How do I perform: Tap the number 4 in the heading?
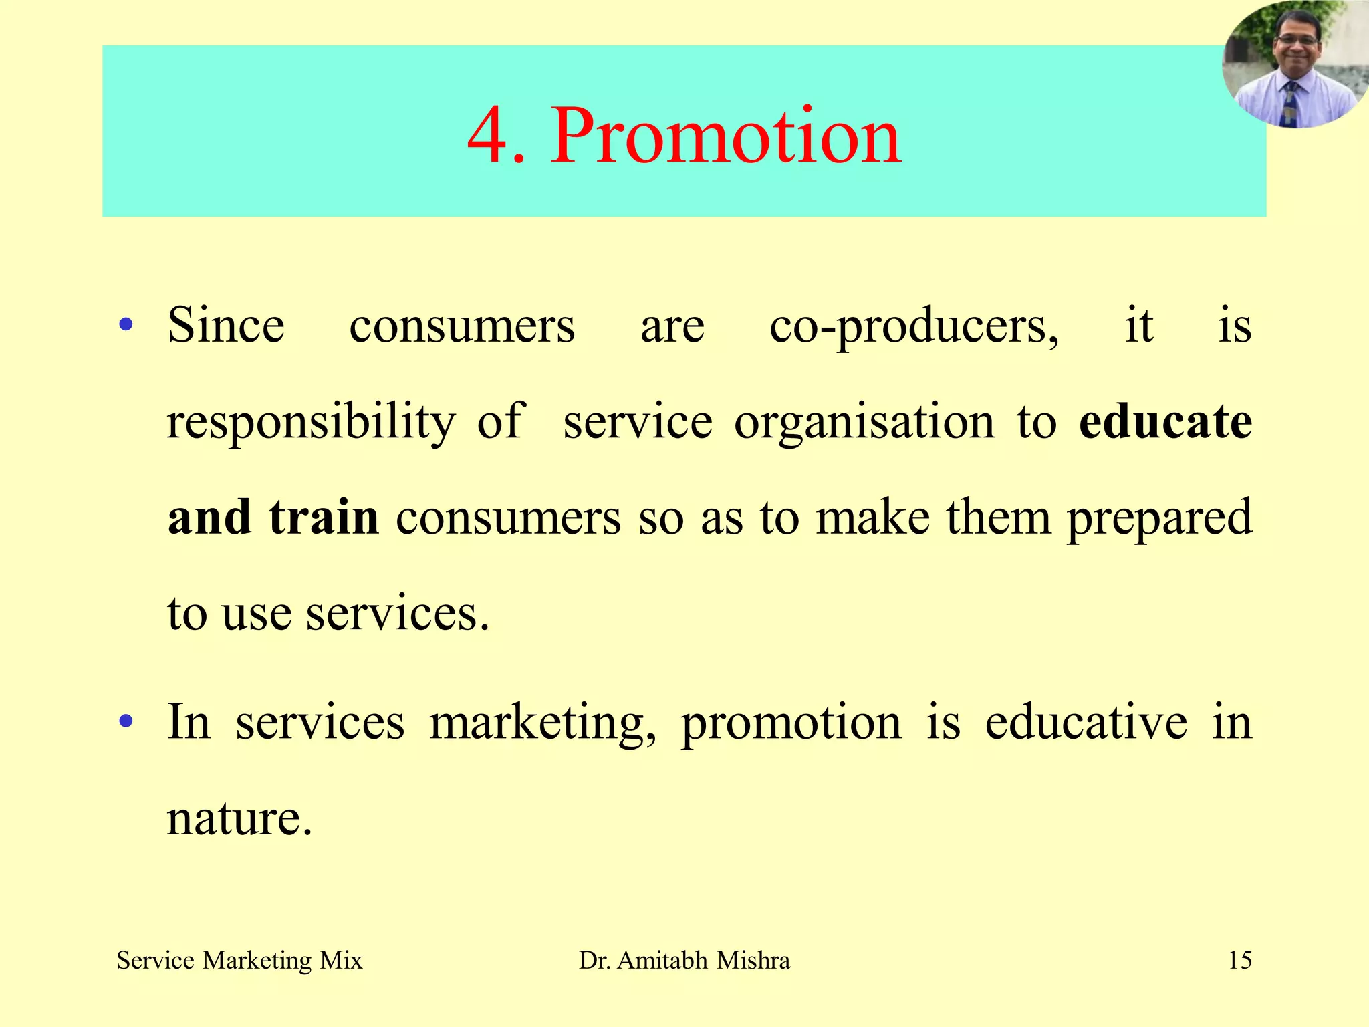click(x=488, y=137)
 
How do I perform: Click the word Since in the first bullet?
click(x=226, y=326)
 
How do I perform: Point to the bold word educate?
click(x=1165, y=421)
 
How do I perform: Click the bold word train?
click(x=324, y=518)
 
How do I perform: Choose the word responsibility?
click(x=311, y=423)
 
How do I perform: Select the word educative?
click(x=1086, y=722)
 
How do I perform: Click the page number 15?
click(x=1240, y=961)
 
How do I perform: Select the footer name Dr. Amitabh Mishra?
click(x=684, y=961)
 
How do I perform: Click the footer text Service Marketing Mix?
click(x=239, y=961)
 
